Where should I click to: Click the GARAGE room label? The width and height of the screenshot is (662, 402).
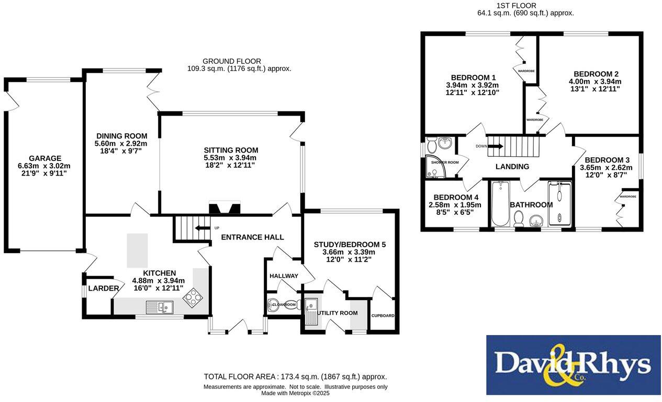click(x=44, y=158)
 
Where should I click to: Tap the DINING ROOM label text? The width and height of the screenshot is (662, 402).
click(x=121, y=136)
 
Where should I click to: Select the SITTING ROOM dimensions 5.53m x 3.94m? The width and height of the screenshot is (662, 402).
click(x=230, y=158)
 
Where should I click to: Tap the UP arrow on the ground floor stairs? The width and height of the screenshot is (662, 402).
click(x=200, y=228)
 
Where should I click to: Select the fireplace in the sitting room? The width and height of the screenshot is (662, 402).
click(x=225, y=209)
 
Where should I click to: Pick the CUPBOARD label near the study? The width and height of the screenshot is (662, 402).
click(x=383, y=316)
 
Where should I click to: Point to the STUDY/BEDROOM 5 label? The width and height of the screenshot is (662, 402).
click(x=350, y=244)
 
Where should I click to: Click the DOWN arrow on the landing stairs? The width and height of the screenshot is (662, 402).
click(x=496, y=146)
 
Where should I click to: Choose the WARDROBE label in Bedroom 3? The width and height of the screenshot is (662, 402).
click(x=628, y=197)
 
